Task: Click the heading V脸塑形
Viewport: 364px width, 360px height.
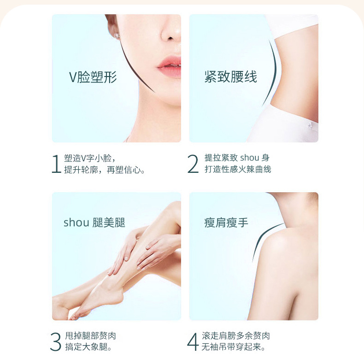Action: tap(93, 77)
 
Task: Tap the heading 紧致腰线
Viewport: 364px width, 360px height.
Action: tap(231, 77)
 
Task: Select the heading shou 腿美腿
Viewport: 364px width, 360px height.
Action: tap(94, 223)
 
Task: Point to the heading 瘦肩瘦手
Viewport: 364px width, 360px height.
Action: tap(226, 223)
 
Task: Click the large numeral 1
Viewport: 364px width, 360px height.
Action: tap(56, 164)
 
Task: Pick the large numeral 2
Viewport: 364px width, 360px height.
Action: tap(193, 164)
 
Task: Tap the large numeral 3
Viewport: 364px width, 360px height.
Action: tap(56, 342)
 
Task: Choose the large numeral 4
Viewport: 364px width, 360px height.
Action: tap(193, 342)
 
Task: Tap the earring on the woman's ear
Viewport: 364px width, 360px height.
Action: tap(117, 36)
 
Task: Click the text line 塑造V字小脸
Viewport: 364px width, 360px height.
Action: tap(90, 159)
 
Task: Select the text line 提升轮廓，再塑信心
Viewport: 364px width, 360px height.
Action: tap(105, 170)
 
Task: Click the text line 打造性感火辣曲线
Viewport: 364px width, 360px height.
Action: tap(238, 169)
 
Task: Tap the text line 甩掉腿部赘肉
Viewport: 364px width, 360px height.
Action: tap(90, 336)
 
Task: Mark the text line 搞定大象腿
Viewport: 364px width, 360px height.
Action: tap(88, 347)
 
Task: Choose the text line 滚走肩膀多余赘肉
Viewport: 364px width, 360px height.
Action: tap(236, 336)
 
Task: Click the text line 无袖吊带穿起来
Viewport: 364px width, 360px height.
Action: tap(233, 347)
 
